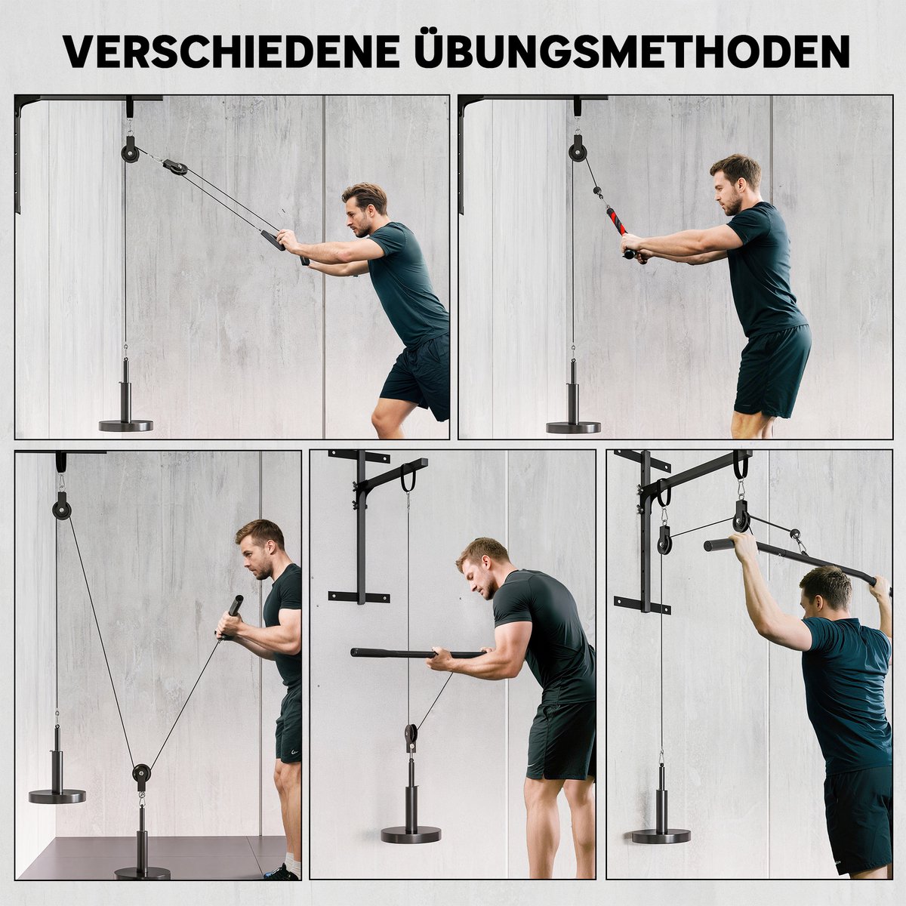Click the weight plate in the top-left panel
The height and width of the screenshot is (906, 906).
coord(125,426)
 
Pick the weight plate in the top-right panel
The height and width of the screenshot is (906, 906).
coord(573,427)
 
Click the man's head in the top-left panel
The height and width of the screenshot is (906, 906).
coord(365,208)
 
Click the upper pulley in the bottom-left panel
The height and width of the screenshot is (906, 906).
coord(61,508)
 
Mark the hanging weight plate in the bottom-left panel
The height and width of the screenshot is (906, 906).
coord(57,796)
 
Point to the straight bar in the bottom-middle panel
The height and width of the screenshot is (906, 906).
coord(418,653)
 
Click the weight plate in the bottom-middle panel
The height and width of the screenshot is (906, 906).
coord(411,834)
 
